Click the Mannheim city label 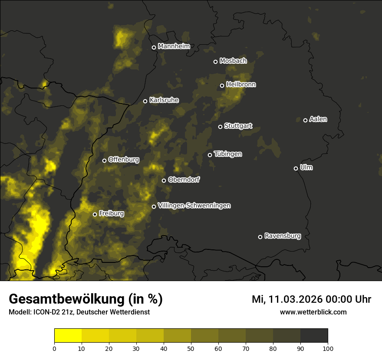pyautogui.click(x=174, y=46)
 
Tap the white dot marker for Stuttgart pyautogui.click(x=220, y=127)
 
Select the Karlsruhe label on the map pyautogui.click(x=164, y=100)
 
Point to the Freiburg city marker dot pyautogui.click(x=95, y=214)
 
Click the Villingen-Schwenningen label pyautogui.click(x=194, y=206)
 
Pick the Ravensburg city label pyautogui.click(x=282, y=236)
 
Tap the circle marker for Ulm pyautogui.click(x=296, y=168)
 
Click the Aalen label pyautogui.click(x=318, y=119)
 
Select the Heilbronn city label pyautogui.click(x=241, y=85)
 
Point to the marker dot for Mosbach pyautogui.click(x=215, y=62)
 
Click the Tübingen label pyautogui.click(x=228, y=154)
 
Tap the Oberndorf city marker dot pyautogui.click(x=164, y=180)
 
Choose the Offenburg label pyautogui.click(x=124, y=160)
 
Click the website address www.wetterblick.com pyautogui.click(x=313, y=312)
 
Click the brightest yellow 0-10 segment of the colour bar pyautogui.click(x=68, y=336)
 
